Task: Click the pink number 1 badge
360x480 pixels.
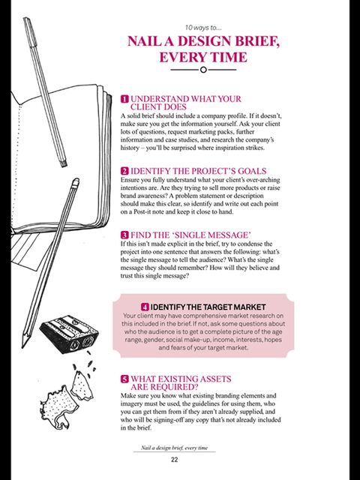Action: [x=124, y=98]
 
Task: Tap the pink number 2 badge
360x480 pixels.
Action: [x=124, y=171]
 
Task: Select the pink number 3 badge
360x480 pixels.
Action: [x=124, y=235]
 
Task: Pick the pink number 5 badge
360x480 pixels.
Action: [x=124, y=379]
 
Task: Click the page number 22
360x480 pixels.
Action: [x=173, y=460]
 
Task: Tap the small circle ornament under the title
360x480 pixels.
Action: [x=202, y=70]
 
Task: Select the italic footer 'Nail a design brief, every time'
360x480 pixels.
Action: [x=173, y=448]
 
